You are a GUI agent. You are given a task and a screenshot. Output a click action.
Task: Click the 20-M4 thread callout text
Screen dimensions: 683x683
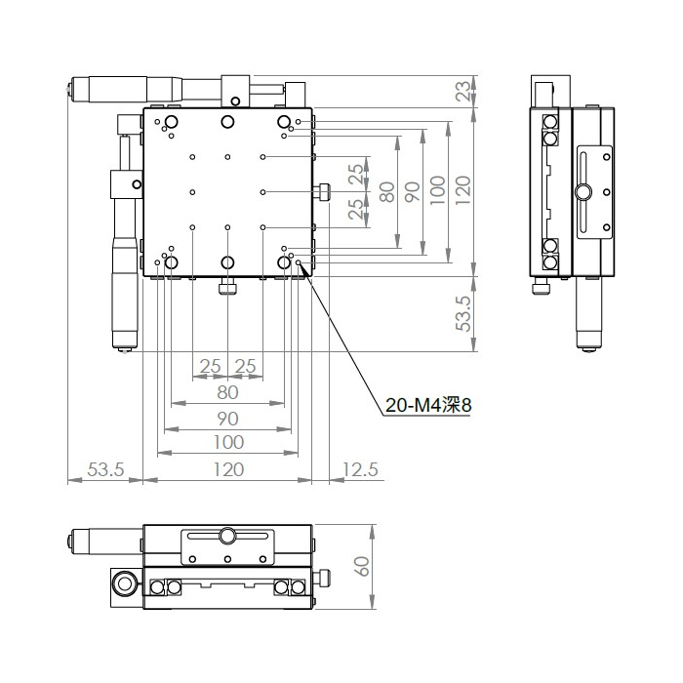point(428,406)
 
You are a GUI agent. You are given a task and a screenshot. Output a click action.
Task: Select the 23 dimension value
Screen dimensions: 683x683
point(463,91)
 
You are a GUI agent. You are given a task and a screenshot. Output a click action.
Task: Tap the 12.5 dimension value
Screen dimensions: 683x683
point(361,469)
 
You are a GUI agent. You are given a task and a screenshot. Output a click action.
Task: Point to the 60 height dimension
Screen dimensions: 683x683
point(362,566)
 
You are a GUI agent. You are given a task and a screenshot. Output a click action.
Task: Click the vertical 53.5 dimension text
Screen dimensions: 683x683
point(464,313)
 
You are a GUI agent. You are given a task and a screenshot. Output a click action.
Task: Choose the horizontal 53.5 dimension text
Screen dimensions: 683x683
point(105,469)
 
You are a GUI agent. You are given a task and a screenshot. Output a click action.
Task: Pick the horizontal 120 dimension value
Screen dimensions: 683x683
point(228,469)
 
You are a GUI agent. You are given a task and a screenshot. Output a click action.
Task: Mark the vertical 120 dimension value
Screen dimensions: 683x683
point(463,190)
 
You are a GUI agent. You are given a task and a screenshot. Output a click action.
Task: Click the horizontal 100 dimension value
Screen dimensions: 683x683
point(228,443)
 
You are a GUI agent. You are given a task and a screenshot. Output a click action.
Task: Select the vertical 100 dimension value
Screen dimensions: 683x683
point(438,190)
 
